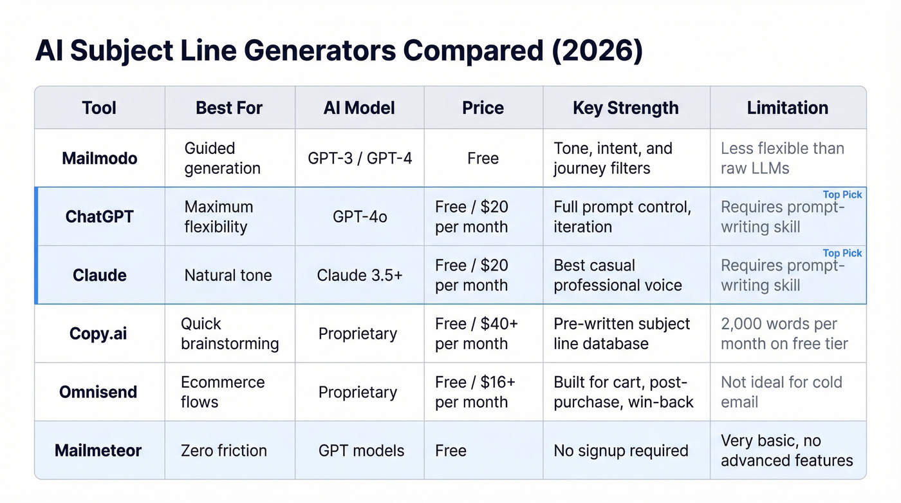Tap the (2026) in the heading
coord(597,52)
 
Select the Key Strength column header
coord(626,108)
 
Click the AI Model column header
coord(359,108)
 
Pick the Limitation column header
coord(787,108)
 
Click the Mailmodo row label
coord(100,158)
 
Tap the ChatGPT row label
coord(100,216)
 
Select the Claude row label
coord(100,275)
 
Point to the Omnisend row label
coord(98,392)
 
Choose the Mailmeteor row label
coord(98,450)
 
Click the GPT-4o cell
coord(360,217)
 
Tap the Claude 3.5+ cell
coord(360,276)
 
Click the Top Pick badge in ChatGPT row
coord(842,195)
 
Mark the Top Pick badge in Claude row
coord(842,253)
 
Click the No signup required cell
coord(620,451)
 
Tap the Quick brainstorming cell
coord(229,334)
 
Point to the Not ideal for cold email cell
coord(781,392)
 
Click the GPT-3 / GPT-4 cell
coord(360,158)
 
